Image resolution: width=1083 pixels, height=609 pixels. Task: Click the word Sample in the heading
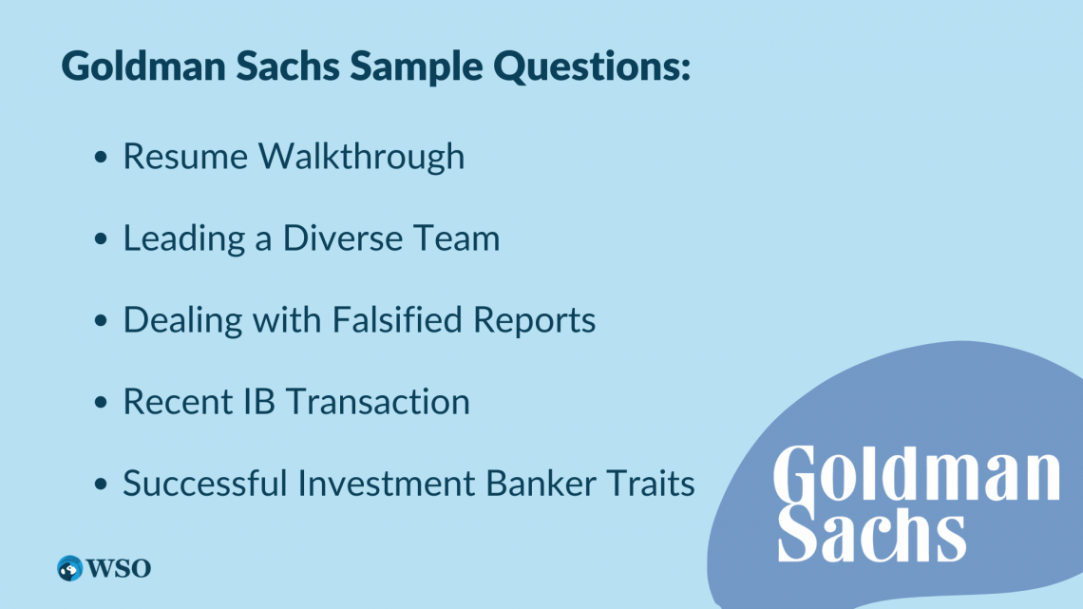416,67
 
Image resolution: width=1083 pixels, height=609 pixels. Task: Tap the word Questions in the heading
591,67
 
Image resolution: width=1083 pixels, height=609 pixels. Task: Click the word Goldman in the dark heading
143,67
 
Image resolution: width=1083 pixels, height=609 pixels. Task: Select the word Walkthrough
361,156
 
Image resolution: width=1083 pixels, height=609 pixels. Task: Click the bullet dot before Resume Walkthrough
101,158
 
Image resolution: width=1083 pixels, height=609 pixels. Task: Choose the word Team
457,238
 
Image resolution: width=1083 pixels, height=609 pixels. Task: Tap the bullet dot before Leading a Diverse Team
101,238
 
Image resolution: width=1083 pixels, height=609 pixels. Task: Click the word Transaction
378,402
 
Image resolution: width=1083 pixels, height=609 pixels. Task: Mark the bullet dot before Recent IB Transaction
101,402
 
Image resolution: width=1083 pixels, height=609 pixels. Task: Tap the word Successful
205,483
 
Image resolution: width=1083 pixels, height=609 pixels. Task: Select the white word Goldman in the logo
917,474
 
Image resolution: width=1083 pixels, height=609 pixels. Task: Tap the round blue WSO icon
69,568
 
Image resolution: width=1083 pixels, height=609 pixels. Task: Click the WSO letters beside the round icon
119,568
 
